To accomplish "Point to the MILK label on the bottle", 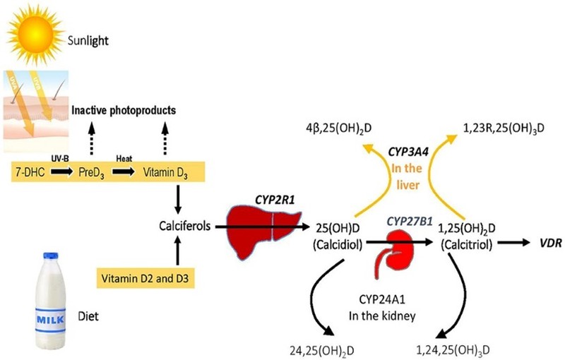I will pos(51,316).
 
